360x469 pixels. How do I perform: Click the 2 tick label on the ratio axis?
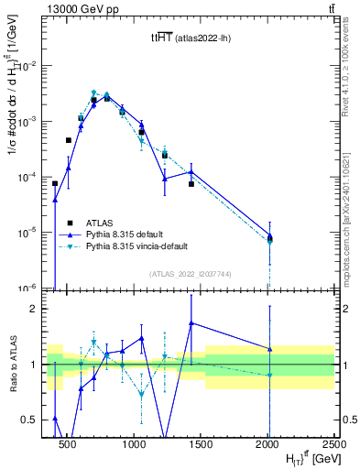tap(38, 309)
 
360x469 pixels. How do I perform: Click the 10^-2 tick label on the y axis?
tap(30, 66)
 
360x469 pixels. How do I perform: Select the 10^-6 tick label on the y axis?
tap(30, 288)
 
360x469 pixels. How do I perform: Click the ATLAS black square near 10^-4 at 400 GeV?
tap(55, 183)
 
